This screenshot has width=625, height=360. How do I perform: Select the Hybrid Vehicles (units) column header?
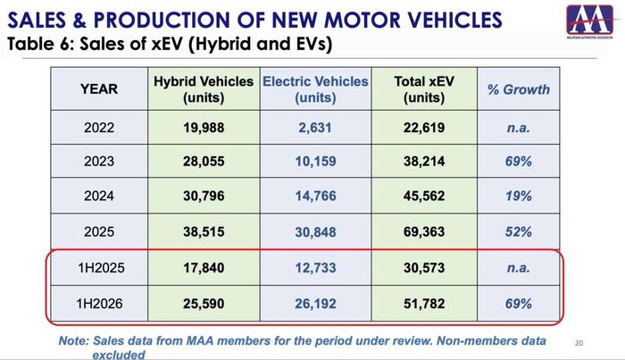coord(204,89)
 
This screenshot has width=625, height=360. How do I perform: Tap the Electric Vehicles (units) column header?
coord(315,89)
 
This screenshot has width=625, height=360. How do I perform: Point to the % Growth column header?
coord(518,89)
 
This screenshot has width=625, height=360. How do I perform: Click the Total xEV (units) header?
coord(424,89)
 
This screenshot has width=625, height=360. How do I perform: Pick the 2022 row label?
coord(99,128)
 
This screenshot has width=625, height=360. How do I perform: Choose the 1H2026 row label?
coord(99,304)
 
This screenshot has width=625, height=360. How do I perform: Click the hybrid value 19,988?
coord(204,128)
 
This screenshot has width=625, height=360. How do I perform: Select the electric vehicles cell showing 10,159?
coord(315,162)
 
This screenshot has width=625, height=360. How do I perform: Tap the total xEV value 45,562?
coord(424,197)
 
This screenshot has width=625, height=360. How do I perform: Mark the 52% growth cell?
coord(518,232)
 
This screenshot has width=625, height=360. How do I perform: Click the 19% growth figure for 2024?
coord(518,197)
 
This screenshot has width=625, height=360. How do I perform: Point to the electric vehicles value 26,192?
coord(315,304)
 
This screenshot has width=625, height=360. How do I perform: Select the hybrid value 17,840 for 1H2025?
coord(204,268)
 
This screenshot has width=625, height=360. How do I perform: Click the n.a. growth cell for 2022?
coord(518,128)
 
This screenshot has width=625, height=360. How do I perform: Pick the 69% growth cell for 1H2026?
coord(518,304)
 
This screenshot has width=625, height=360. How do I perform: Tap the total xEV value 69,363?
coord(424,232)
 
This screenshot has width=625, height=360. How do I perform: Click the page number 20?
coord(579,343)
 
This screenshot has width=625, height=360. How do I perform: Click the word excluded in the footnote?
coord(119,355)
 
